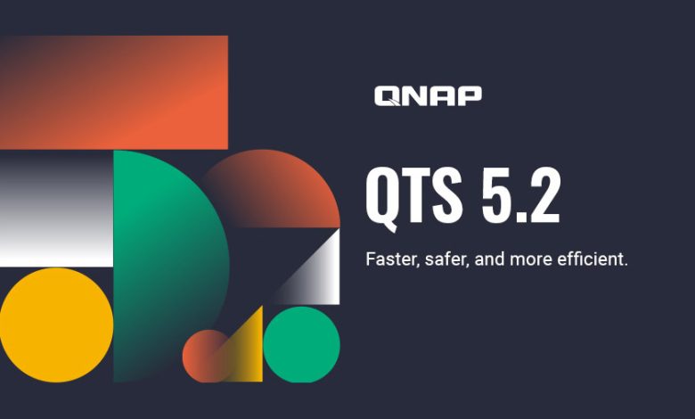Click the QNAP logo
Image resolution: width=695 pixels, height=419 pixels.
[428, 95]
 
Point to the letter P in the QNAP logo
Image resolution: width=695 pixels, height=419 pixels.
[469, 95]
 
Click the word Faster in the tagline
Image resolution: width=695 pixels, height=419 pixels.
[388, 259]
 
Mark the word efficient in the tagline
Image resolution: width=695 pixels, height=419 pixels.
[591, 259]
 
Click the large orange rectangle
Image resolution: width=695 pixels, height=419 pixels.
[114, 92]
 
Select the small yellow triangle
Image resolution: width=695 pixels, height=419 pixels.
[247, 352]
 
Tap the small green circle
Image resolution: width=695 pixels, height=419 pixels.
[301, 344]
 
